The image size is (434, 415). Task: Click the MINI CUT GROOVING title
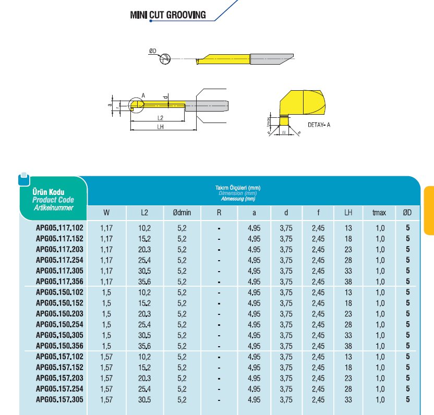click(167, 15)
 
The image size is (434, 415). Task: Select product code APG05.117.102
click(59, 228)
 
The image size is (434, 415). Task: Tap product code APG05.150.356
click(59, 346)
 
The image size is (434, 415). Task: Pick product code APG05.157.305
click(59, 399)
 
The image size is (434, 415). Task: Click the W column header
click(106, 213)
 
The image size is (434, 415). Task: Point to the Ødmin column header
click(182, 213)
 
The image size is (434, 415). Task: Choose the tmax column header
click(379, 213)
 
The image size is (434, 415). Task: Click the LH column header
click(348, 213)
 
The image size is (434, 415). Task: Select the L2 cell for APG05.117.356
click(145, 282)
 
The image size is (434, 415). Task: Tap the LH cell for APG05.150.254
click(348, 324)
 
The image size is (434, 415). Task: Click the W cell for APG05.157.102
click(106, 357)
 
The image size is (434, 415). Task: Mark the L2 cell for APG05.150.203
click(145, 313)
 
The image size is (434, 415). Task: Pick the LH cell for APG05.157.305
click(348, 399)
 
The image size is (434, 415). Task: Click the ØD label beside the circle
click(152, 51)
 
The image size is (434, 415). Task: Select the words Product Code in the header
click(53, 200)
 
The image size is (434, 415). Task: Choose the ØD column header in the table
click(407, 213)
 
